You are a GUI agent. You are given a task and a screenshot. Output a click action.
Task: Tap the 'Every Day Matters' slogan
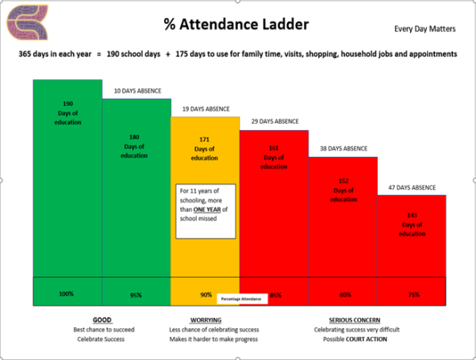click(425, 29)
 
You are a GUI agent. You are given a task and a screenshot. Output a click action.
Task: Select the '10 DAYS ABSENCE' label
click(137, 90)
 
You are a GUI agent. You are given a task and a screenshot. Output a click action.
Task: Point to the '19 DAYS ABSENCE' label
click(205, 109)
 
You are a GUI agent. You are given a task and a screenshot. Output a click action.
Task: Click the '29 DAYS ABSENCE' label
click(274, 121)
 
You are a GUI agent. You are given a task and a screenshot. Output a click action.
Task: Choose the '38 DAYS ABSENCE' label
click(343, 148)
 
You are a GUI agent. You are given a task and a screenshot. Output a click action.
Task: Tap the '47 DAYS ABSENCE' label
click(411, 187)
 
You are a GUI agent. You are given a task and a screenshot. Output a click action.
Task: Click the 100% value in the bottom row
click(67, 293)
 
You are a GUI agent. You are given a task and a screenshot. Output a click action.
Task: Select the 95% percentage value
click(136, 294)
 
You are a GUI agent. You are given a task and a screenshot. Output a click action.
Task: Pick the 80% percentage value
click(344, 294)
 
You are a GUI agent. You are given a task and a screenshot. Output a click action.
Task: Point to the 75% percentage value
click(413, 294)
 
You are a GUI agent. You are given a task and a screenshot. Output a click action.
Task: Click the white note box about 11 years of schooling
click(205, 210)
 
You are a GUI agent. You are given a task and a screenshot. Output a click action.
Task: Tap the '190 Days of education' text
click(67, 113)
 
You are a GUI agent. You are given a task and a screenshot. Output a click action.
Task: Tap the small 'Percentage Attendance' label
click(239, 300)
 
